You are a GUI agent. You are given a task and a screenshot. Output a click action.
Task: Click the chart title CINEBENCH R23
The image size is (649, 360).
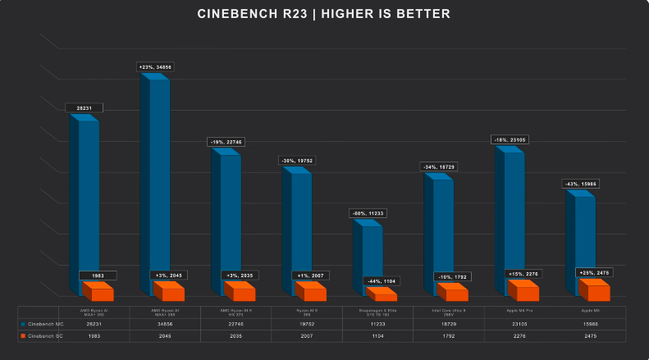(x=324, y=14)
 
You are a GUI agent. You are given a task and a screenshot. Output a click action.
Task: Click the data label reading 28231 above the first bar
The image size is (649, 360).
(x=83, y=107)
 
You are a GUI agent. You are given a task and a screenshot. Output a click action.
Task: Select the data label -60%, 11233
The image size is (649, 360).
(x=368, y=213)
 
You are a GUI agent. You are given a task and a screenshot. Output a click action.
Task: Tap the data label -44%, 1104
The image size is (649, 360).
(x=382, y=281)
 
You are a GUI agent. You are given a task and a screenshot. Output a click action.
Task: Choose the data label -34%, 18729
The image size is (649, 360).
(x=439, y=167)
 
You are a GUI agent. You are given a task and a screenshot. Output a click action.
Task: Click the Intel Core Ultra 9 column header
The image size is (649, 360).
(x=448, y=312)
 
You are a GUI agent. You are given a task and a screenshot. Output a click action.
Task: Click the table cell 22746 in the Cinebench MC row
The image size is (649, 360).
(x=235, y=324)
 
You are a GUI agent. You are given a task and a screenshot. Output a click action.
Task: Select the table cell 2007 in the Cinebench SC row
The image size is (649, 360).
(x=307, y=336)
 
